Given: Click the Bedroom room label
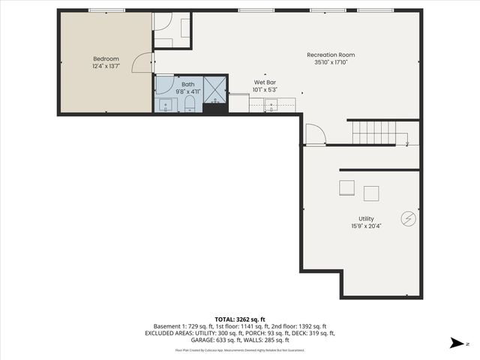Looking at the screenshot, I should pos(105,58).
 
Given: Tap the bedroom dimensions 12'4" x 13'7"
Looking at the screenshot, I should pos(105,66).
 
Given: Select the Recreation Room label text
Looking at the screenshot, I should pos(331,55).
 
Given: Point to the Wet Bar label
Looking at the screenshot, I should pos(262,83).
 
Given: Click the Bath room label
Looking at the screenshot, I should pos(187,85).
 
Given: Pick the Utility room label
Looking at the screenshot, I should pos(367,218).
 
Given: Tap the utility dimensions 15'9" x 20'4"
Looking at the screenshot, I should pos(367,226).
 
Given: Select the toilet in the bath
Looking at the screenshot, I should pos(190,103).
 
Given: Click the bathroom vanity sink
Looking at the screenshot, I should pos(164,104).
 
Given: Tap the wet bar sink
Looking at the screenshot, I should pos(271,104).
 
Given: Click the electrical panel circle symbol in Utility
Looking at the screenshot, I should pos(409,218).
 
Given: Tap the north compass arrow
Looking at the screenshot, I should pos(454,343).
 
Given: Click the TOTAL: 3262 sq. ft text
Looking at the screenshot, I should pos(240,319).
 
